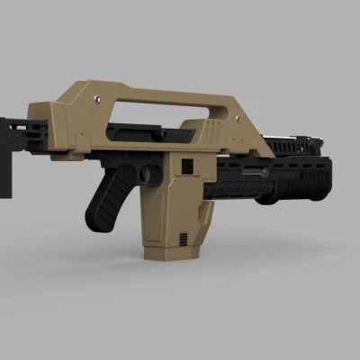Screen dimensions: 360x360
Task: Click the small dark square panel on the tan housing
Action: coord(187,167)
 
